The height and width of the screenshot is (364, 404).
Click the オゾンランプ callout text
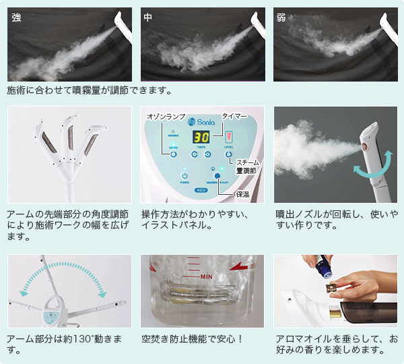coord(166,117)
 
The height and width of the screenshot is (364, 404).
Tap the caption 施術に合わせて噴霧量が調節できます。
coord(90,90)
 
